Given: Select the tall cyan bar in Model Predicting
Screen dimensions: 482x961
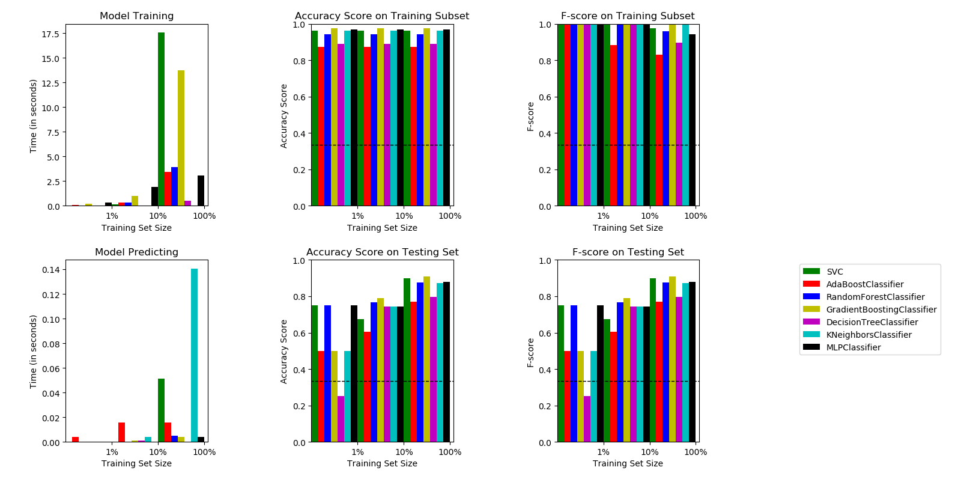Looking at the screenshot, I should (194, 355).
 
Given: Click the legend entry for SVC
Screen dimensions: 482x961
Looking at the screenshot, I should (834, 272).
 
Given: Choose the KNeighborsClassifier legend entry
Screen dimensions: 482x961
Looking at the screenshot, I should (869, 335).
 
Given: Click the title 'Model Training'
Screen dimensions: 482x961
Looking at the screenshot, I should (136, 16).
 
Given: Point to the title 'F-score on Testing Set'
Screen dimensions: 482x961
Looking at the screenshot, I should (628, 252).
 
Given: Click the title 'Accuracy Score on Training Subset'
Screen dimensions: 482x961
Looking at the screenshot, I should (382, 16).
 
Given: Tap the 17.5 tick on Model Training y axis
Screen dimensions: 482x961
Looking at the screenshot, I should (50, 34).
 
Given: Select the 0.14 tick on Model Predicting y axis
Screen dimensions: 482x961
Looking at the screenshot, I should (50, 270).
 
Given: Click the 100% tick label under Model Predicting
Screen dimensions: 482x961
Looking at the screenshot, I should (204, 452).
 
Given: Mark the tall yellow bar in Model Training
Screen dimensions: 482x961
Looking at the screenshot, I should (181, 138).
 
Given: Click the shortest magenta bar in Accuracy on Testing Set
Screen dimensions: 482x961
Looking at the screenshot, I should (341, 419).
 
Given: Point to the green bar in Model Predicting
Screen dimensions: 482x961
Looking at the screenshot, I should (161, 410).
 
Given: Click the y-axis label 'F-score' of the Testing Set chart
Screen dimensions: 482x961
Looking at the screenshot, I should (530, 353).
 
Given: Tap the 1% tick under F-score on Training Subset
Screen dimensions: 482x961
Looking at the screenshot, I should (603, 216).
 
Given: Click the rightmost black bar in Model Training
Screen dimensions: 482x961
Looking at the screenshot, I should (201, 191).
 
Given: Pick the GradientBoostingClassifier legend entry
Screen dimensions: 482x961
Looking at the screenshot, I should (881, 310).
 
